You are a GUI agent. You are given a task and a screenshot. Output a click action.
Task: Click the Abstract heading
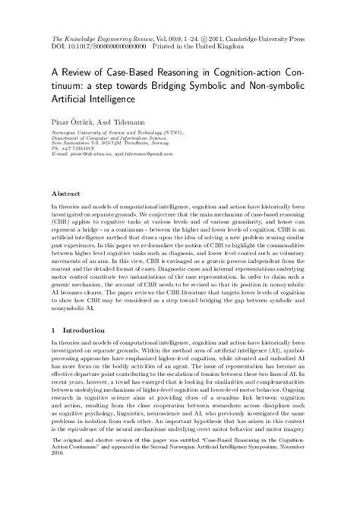click(x=66, y=194)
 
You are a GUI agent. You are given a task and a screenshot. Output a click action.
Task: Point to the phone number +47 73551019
click(x=80, y=150)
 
